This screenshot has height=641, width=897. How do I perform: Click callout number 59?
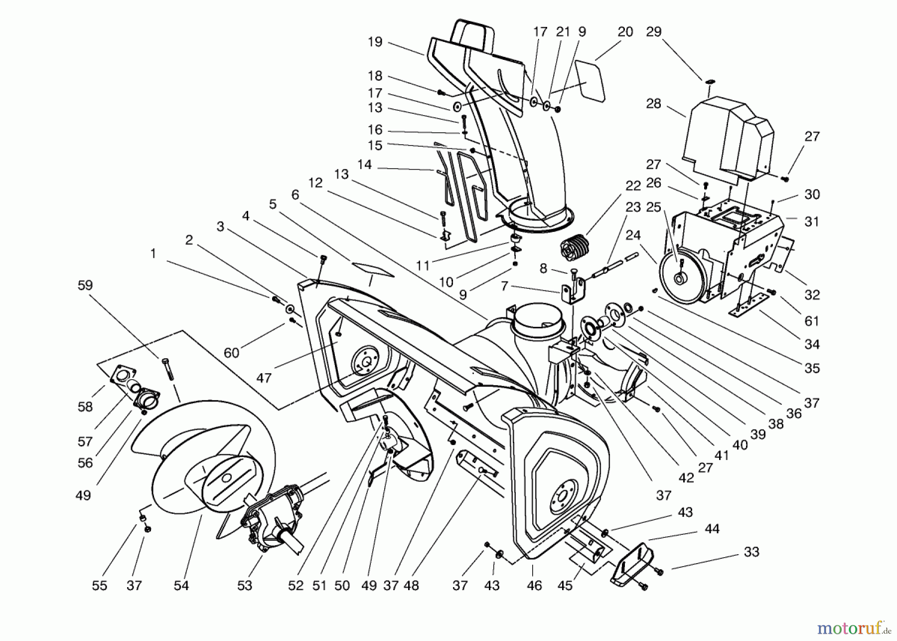(x=85, y=285)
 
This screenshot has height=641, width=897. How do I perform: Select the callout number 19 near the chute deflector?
(x=375, y=42)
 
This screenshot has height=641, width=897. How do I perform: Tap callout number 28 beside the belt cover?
(x=653, y=104)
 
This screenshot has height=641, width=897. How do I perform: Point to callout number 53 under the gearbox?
(x=245, y=585)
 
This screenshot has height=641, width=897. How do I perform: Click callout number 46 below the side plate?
(x=534, y=585)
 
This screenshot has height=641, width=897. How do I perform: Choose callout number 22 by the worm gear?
(x=633, y=186)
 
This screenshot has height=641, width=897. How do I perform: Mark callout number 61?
(x=812, y=321)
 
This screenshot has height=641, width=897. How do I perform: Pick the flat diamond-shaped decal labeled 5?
(x=372, y=269)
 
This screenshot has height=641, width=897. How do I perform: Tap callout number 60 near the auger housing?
(x=231, y=353)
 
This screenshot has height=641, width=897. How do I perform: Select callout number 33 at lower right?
(x=751, y=552)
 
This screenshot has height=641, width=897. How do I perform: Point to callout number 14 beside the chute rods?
(x=365, y=165)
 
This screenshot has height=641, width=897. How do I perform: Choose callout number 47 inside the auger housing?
(x=264, y=378)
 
